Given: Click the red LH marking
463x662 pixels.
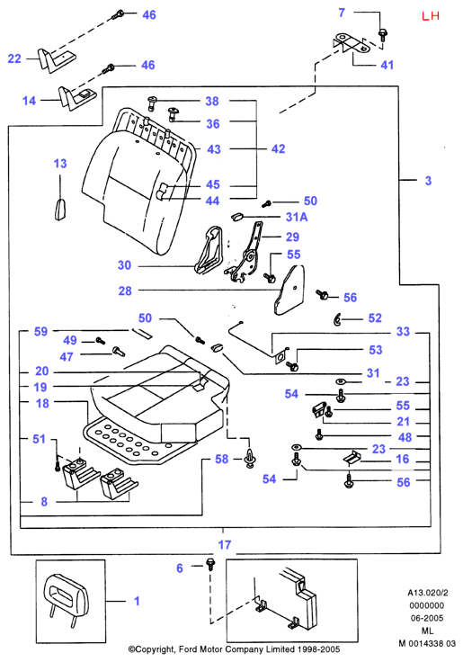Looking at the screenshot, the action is click(x=431, y=16).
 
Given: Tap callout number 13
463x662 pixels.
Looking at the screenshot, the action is click(x=60, y=164).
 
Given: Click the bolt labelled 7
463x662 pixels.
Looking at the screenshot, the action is click(x=383, y=34).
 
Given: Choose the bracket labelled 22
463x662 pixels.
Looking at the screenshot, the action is click(x=56, y=59).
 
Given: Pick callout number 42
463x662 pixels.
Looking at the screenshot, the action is click(x=278, y=148).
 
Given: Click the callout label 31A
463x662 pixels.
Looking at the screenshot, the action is click(x=297, y=217).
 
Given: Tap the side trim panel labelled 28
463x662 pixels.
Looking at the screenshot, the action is click(x=289, y=290).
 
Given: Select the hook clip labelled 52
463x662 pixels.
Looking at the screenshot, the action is click(x=337, y=319).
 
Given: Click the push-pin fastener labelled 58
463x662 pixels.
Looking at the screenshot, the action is click(x=251, y=458).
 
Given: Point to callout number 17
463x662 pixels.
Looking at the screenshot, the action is click(x=225, y=545).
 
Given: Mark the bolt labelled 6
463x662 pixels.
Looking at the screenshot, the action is click(x=209, y=564).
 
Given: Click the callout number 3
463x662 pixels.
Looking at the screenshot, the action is click(x=429, y=181).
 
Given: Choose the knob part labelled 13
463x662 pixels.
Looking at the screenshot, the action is click(x=60, y=210).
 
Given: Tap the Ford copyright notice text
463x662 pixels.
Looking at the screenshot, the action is click(x=235, y=649).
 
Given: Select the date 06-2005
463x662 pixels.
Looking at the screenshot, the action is click(x=427, y=618).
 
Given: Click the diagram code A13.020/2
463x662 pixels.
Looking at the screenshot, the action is click(x=428, y=593).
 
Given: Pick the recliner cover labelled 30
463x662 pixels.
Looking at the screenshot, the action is click(x=209, y=250).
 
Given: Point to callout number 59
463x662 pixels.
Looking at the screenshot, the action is click(x=41, y=331).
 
